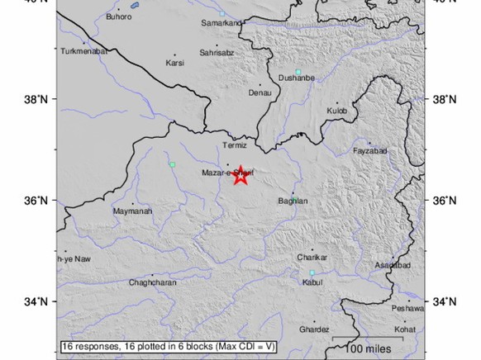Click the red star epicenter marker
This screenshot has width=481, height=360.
tap(240, 176)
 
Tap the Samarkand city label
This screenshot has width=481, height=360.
tap(221, 23)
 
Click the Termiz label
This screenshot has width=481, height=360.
tap(236, 146)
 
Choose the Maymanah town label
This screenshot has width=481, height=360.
tap(131, 211)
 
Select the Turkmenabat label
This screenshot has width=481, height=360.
tap(82, 51)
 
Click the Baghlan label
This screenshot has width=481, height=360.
tap(293, 201)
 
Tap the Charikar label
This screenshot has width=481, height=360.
tap(312, 258)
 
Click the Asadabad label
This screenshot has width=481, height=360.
tap(393, 265)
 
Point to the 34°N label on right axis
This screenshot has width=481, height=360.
tap(445, 302)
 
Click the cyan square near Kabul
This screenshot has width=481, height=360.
tap(312, 272)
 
